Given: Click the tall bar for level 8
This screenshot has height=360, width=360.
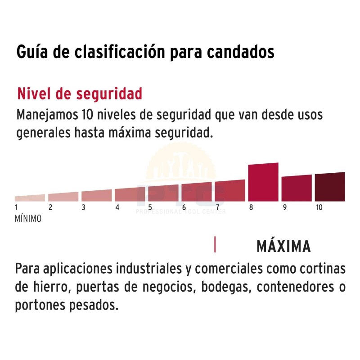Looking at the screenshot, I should tap(263, 182).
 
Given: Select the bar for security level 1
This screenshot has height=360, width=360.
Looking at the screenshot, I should tap(30, 198).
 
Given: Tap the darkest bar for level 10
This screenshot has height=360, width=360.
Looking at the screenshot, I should tap(330, 187).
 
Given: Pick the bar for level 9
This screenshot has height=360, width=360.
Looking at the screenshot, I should tap(297, 188).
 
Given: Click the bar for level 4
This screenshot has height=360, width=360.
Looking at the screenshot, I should tap(130, 194).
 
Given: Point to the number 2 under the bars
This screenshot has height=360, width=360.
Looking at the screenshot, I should tap(50, 207).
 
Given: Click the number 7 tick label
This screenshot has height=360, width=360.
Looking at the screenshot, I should tap(217, 207).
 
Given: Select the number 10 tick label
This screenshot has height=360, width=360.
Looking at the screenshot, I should tap(319, 207).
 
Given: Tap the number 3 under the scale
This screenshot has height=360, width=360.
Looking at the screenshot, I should tap(84, 207).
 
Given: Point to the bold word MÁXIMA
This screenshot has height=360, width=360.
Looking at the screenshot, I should tap(283, 247).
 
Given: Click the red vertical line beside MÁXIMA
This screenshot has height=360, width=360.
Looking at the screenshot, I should tap(215, 244).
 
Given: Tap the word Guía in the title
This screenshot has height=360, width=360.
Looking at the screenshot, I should tap(31, 52).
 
